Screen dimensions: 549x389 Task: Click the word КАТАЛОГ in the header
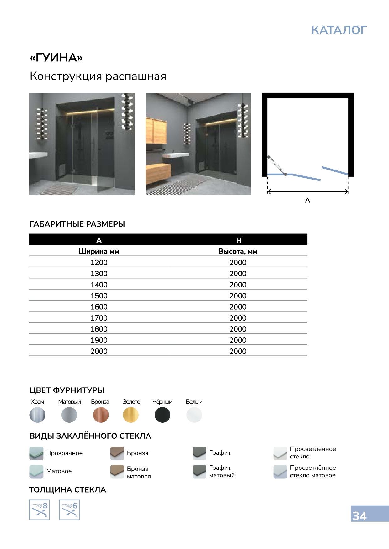tap(339, 30)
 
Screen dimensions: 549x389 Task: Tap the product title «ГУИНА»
tap(56, 58)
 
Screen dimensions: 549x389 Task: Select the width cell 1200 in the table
tap(99, 262)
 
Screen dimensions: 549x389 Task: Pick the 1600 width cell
tap(99, 307)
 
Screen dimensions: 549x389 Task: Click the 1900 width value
tap(99, 340)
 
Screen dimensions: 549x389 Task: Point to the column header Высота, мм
tap(238, 251)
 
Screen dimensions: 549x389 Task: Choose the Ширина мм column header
tap(99, 251)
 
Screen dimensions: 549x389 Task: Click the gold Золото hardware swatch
tap(131, 415)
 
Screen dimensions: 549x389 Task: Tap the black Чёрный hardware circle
tap(163, 415)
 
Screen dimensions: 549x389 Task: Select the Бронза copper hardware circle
tap(101, 415)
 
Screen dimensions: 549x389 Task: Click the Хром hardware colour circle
tap(37, 415)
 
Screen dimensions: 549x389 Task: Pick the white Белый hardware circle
tap(194, 415)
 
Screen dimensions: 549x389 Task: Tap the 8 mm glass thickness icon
tap(40, 510)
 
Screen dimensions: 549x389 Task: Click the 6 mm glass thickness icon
tap(69, 510)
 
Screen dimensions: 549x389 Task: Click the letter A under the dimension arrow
tap(307, 200)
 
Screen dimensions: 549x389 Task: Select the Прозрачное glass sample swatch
tap(36, 453)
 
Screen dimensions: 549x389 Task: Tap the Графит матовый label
tap(222, 471)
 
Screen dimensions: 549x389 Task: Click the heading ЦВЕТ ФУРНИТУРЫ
tap(67, 390)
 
